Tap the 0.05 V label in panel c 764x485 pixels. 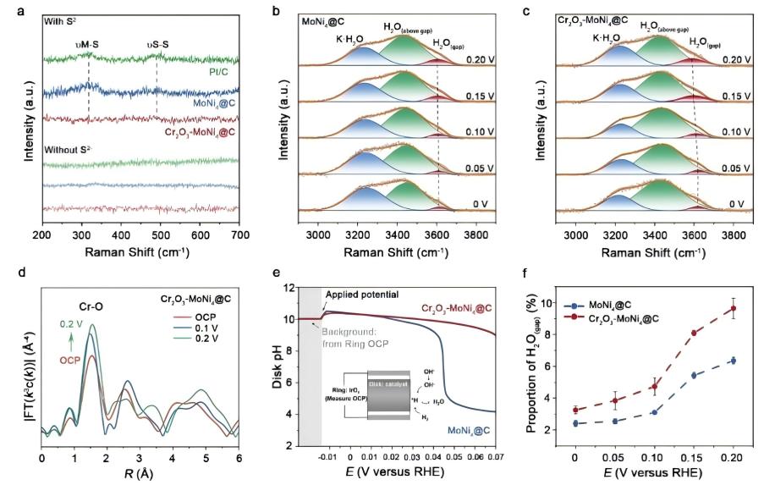pyautogui.click(x=736, y=168)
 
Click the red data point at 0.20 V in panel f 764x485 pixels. pyautogui.click(x=734, y=308)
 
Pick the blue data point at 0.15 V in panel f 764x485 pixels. pyautogui.click(x=694, y=375)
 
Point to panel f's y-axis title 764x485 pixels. pyautogui.click(x=534, y=365)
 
